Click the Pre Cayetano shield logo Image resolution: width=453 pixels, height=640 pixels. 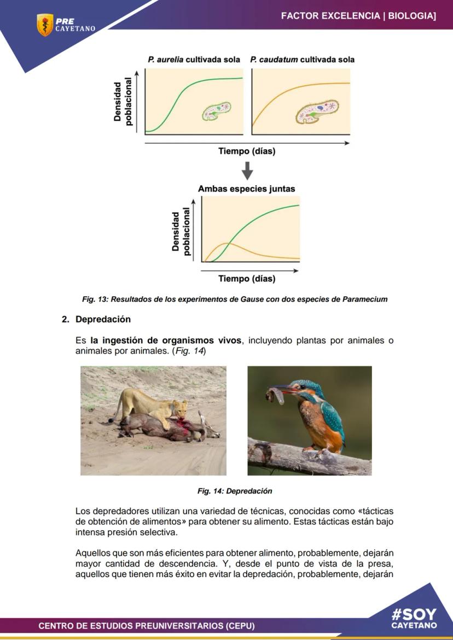pos(45,25)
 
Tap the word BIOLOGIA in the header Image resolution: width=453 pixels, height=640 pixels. pos(411,16)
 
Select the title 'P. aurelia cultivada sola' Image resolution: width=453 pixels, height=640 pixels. pos(194,59)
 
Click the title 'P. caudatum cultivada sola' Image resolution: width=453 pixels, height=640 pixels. pos(302,59)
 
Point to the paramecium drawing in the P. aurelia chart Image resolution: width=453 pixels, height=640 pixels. pos(217,111)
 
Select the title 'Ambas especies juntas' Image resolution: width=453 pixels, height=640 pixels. pos(246,189)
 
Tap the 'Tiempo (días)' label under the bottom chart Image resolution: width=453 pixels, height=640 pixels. pos(247,279)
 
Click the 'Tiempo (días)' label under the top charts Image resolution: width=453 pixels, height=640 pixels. pos(247,151)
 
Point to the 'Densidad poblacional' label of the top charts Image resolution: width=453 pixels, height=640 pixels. pos(123,102)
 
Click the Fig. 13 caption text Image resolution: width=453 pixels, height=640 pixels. pos(235,299)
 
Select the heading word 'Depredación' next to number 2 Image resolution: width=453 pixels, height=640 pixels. pos(103,319)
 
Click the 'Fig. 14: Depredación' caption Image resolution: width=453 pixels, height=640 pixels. pos(235,491)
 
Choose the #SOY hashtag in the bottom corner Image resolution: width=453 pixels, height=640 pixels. pos(414,614)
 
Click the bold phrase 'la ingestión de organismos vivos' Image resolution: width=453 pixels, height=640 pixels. pos(166,340)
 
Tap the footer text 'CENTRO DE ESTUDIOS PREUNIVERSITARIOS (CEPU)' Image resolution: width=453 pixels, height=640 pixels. pos(147,625)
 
